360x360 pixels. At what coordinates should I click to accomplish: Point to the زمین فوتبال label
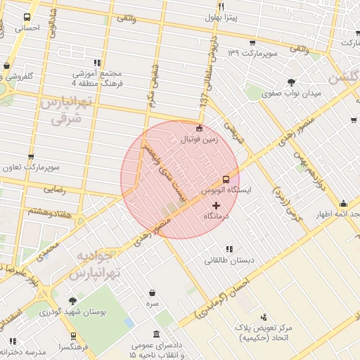[202, 141]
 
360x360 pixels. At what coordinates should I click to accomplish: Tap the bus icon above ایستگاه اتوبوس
[226, 179]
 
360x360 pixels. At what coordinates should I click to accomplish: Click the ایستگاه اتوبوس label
[222, 191]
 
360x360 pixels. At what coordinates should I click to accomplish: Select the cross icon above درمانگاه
[215, 205]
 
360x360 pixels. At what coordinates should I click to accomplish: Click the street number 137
[203, 103]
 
